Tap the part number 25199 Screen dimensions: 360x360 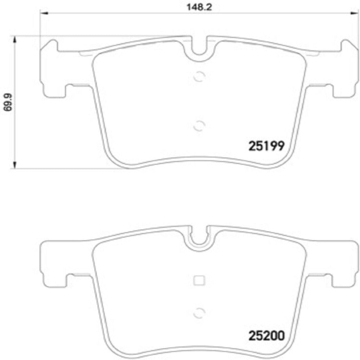click(x=266, y=146)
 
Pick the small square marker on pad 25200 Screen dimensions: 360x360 click(x=199, y=280)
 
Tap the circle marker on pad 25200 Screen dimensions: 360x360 click(x=199, y=311)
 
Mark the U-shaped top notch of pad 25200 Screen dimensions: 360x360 click(x=199, y=237)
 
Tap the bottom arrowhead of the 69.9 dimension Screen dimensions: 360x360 click(x=14, y=165)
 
